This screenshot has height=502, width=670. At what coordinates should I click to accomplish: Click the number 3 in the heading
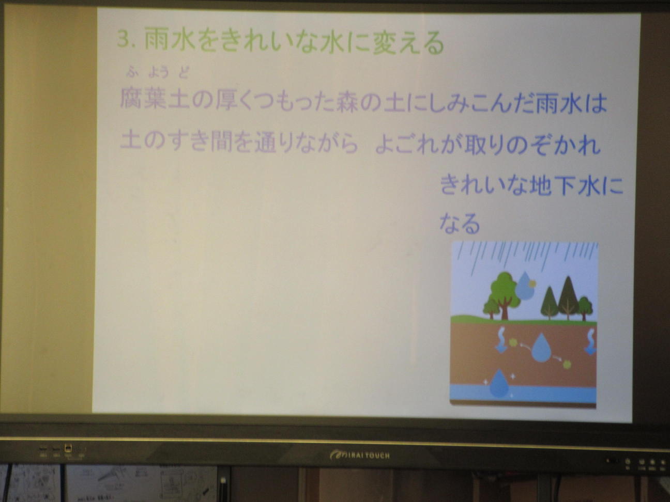pyautogui.click(x=124, y=39)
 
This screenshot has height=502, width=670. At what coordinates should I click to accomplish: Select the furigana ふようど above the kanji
pyautogui.click(x=157, y=73)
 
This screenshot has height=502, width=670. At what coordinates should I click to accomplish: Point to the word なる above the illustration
pyautogui.click(x=460, y=224)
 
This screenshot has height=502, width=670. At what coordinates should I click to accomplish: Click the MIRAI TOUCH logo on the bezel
pyautogui.click(x=360, y=456)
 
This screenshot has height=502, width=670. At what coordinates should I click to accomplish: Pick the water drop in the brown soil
pyautogui.click(x=541, y=348)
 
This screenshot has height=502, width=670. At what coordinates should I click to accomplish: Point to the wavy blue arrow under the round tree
pyautogui.click(x=501, y=340)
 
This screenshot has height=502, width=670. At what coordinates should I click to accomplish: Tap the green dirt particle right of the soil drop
pyautogui.click(x=567, y=364)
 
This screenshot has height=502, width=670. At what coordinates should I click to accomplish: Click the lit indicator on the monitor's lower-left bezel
pyautogui.click(x=68, y=448)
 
